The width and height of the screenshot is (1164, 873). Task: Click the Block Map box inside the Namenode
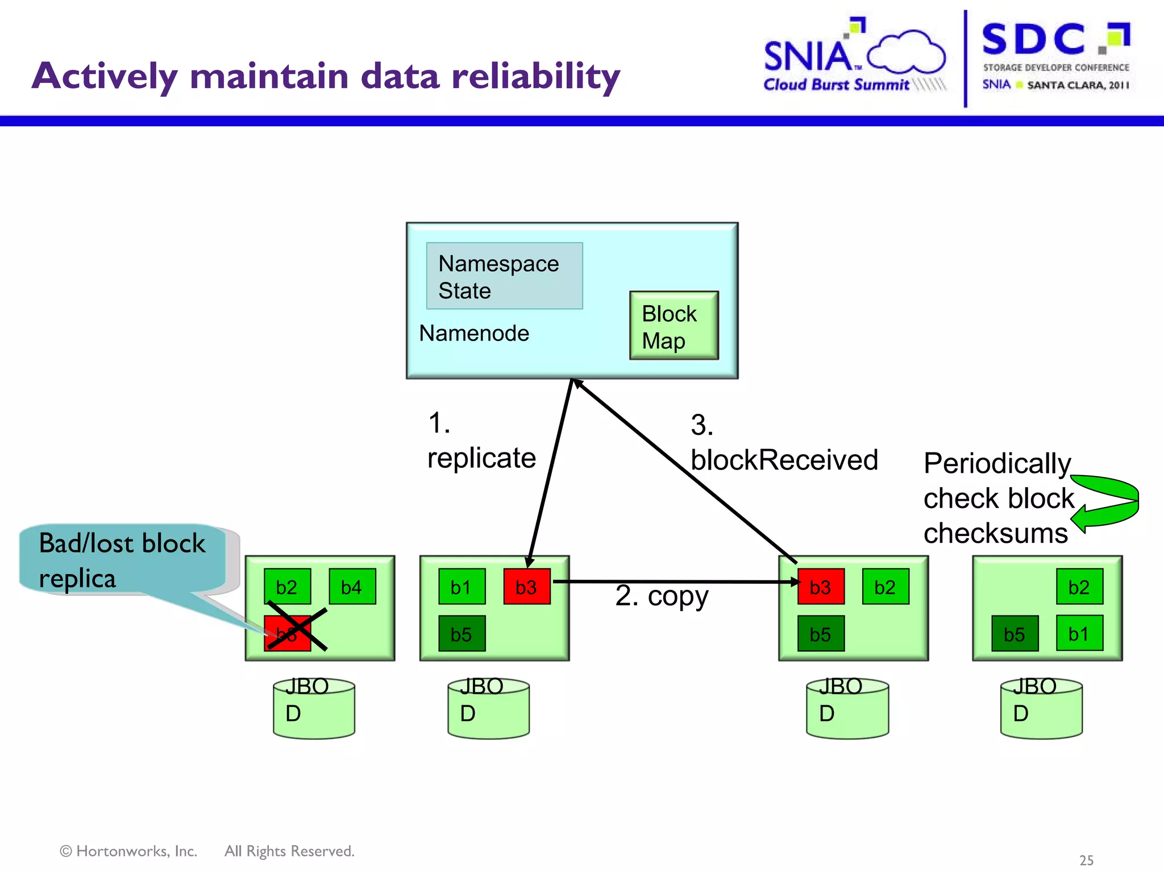tap(674, 326)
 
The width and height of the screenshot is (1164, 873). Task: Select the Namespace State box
tap(504, 276)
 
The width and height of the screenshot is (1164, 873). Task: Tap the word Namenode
tap(473, 334)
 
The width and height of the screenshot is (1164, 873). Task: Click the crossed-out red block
tap(288, 633)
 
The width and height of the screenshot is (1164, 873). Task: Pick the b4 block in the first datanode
tap(352, 587)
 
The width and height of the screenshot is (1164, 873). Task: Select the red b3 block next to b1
tap(527, 587)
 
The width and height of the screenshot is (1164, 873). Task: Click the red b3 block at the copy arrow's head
tap(820, 587)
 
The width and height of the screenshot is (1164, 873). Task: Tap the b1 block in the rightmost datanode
tap(1079, 633)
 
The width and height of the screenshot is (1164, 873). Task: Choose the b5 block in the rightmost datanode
tap(1015, 634)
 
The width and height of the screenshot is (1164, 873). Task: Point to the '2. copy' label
tap(662, 596)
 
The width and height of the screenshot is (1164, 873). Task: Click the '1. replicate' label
tap(481, 442)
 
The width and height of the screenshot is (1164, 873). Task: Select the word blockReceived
tap(784, 460)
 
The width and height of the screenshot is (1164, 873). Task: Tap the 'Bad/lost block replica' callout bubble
tap(122, 560)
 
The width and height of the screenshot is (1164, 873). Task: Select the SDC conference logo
tap(1055, 57)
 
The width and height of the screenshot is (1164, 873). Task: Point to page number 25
tap(1086, 860)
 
